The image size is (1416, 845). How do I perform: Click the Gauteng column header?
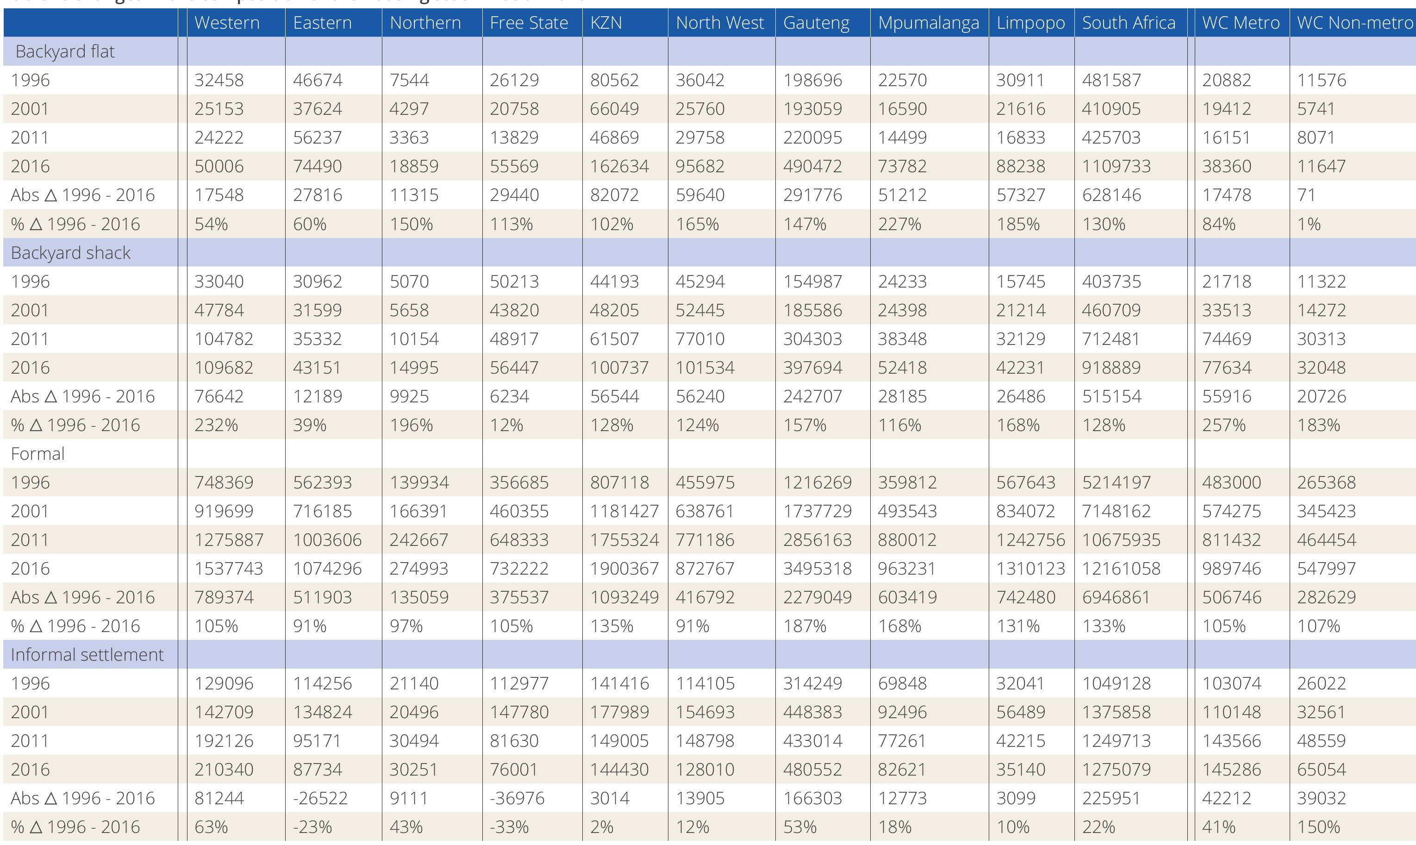[x=816, y=23]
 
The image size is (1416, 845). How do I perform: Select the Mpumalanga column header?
[x=928, y=23]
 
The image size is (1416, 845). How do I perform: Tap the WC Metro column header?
[x=1241, y=23]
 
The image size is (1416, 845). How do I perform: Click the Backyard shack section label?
[x=70, y=252]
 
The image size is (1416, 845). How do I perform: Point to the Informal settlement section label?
[x=87, y=654]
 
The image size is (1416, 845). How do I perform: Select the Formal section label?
[x=37, y=453]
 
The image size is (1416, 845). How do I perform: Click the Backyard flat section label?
[x=65, y=51]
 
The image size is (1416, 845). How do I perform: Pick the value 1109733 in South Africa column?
[x=1116, y=166]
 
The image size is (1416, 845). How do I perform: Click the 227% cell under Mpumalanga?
[x=899, y=224]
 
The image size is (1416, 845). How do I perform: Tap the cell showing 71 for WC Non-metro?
[x=1306, y=195]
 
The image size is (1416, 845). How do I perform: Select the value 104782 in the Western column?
[x=224, y=339]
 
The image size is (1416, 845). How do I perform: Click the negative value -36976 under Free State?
[x=517, y=798]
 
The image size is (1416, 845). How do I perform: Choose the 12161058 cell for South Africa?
[x=1121, y=568]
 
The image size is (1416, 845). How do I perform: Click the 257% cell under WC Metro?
[x=1223, y=425]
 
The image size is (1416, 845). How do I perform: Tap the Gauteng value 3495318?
[x=817, y=568]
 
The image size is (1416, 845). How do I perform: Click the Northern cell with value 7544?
[x=409, y=80]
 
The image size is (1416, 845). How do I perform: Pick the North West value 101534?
[x=705, y=367]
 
